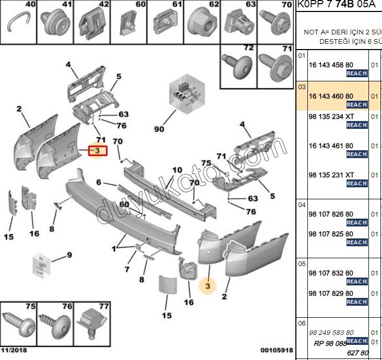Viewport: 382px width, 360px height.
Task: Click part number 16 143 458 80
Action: coord(330,65)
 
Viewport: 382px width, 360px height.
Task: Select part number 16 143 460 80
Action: coord(330,96)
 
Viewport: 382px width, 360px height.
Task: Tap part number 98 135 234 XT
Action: coord(331,116)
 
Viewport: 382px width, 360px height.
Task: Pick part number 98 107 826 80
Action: coord(330,214)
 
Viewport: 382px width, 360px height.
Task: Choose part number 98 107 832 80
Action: coord(330,273)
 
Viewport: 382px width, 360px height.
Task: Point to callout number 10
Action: coord(177,170)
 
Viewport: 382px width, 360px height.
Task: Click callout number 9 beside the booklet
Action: coord(68,255)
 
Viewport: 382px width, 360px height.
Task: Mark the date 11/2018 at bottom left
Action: coord(14,350)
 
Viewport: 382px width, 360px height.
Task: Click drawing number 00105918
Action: coord(277,350)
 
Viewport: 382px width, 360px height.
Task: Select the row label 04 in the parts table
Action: coord(302,205)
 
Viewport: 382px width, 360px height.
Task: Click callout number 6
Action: coord(99,183)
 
